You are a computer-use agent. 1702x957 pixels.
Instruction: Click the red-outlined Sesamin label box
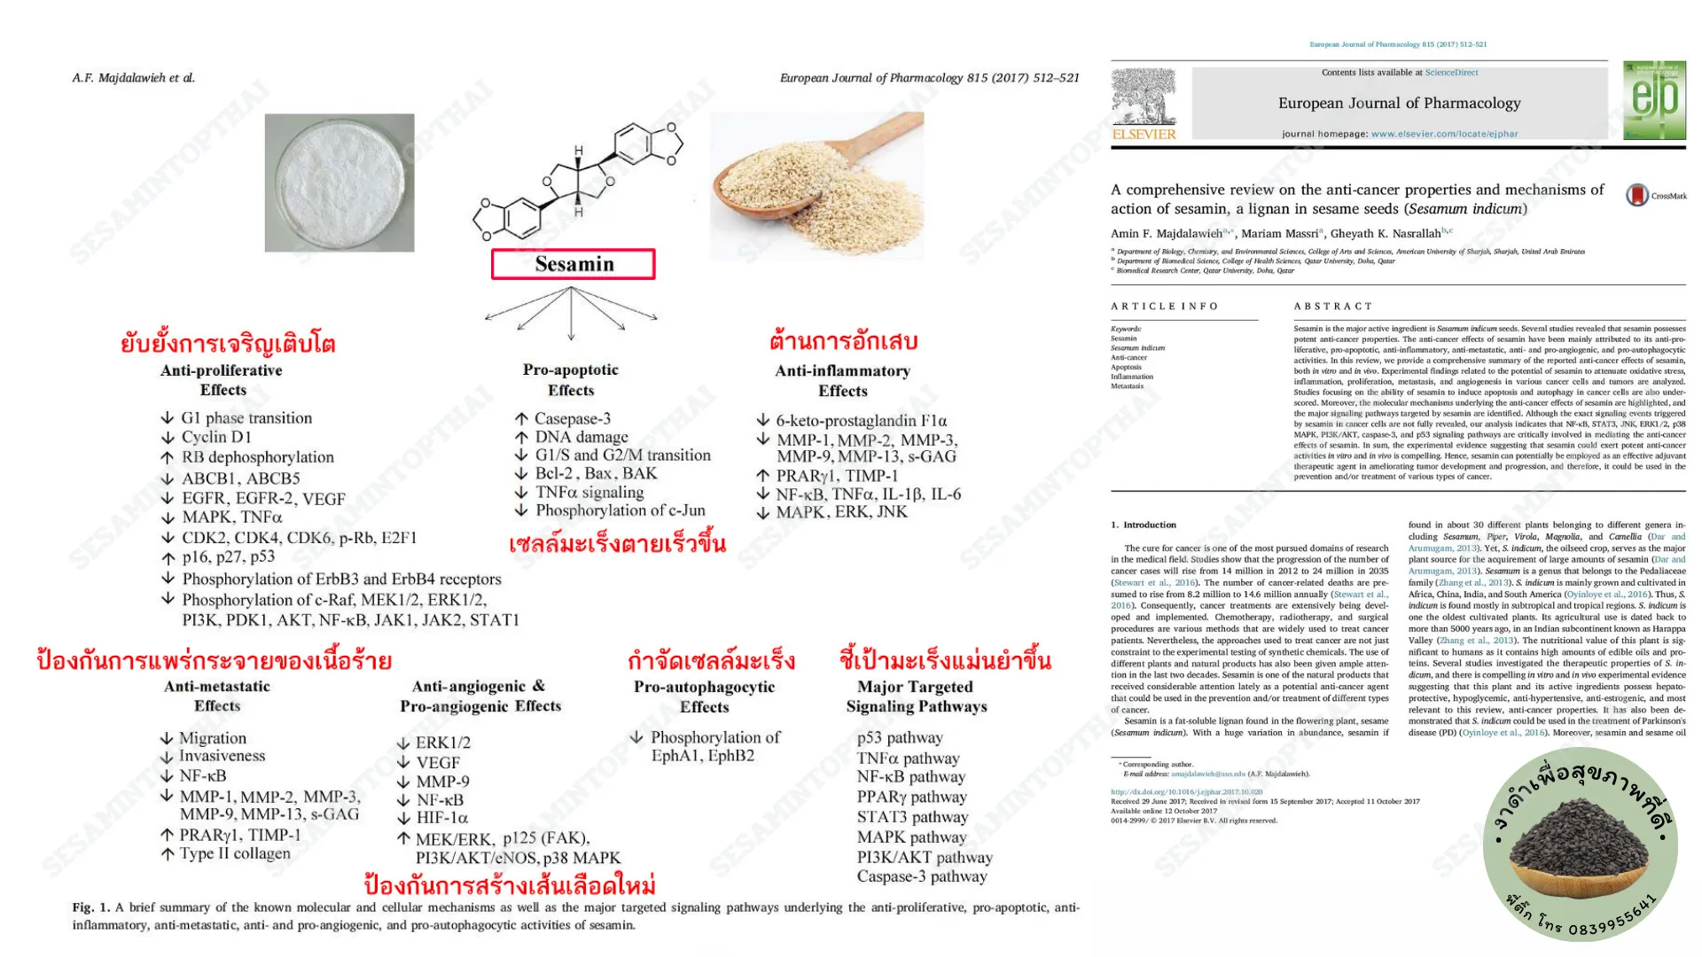pyautogui.click(x=574, y=264)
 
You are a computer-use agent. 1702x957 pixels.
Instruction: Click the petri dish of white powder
pyautogui.click(x=340, y=183)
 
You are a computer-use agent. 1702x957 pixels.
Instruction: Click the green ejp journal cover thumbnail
pyautogui.click(x=1654, y=100)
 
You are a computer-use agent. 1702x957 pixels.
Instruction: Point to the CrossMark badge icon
pyautogui.click(x=1637, y=195)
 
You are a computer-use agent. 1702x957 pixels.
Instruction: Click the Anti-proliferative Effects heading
pyautogui.click(x=222, y=380)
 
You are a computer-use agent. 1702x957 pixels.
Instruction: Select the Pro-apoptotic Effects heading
pyautogui.click(x=571, y=380)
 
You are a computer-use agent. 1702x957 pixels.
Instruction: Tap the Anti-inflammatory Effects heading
pyautogui.click(x=842, y=381)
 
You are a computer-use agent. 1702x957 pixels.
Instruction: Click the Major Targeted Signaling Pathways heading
pyautogui.click(x=916, y=696)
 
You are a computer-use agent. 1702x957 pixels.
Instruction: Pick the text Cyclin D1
pyautogui.click(x=216, y=437)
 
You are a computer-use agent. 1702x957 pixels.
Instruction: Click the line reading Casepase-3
pyautogui.click(x=572, y=418)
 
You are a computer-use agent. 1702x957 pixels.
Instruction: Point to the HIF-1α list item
pyautogui.click(x=441, y=818)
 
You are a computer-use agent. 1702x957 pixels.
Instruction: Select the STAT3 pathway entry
pyautogui.click(x=912, y=817)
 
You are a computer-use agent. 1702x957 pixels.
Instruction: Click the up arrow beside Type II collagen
pyautogui.click(x=168, y=854)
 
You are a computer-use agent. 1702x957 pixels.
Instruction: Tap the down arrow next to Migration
pyautogui.click(x=167, y=738)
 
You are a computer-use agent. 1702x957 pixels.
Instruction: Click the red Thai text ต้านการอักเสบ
pyautogui.click(x=843, y=341)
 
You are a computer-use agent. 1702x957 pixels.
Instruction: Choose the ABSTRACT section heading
pyautogui.click(x=1332, y=307)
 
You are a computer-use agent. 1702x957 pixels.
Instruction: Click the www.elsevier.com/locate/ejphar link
pyautogui.click(x=1444, y=135)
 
